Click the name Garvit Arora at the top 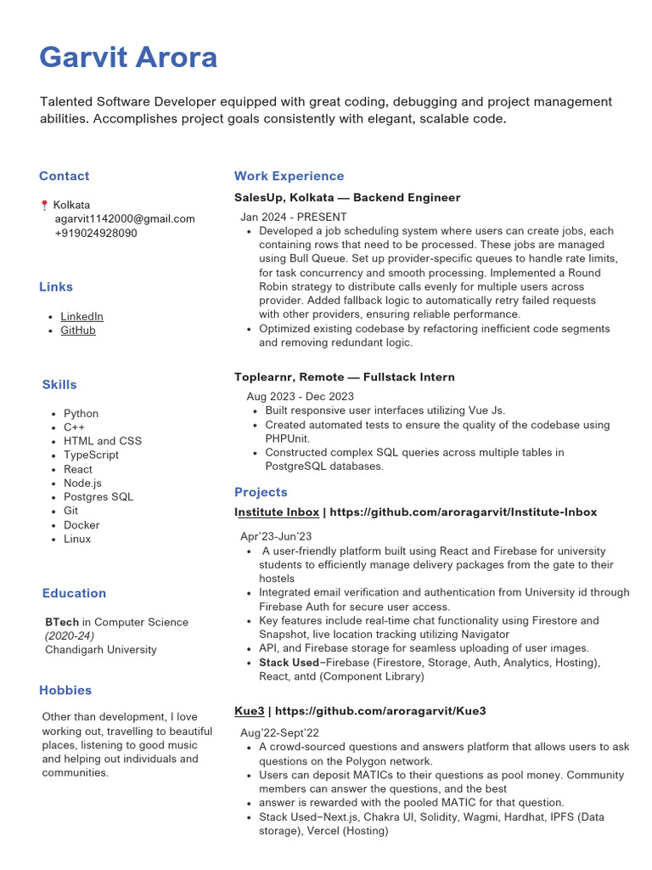coord(128,58)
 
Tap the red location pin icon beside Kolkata coord(44,205)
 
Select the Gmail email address coord(124,218)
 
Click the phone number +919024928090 coord(95,233)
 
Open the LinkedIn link coord(81,316)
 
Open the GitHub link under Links coord(78,330)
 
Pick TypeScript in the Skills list coord(91,455)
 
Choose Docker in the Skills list coord(81,525)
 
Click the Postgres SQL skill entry coord(98,496)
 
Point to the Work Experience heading coord(289,176)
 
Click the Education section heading coord(74,593)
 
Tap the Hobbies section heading coord(65,690)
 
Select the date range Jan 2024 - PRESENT coord(294,217)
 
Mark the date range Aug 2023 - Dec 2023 coord(301,396)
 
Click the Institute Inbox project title coord(277,512)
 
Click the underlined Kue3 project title coord(249,710)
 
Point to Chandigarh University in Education coord(100,649)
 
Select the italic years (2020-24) coord(70,636)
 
